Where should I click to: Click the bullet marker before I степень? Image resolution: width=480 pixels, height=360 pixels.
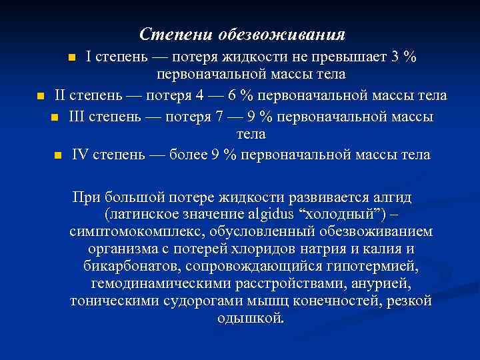72,58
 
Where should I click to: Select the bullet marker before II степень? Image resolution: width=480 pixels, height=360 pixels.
40,97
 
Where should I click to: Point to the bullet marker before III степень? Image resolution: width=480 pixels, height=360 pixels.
54,117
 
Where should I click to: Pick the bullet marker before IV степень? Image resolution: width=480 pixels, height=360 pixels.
58,156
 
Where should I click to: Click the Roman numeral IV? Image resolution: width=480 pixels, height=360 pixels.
80,155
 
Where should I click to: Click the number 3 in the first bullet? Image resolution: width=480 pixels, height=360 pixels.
395,57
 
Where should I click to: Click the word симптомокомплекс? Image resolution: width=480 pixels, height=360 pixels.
137,232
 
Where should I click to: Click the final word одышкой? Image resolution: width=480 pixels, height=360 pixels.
251,319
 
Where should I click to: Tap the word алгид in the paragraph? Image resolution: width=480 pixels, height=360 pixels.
393,197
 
